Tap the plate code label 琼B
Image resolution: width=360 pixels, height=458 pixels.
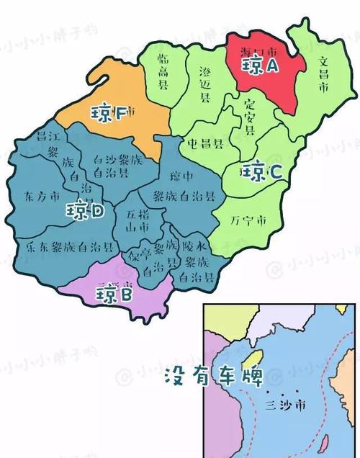115,294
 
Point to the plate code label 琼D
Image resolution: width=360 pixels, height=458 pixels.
86,210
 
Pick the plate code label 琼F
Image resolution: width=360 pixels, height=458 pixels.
109,113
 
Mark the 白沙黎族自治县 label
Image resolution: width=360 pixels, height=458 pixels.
122,167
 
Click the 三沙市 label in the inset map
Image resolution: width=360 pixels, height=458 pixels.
284,405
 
